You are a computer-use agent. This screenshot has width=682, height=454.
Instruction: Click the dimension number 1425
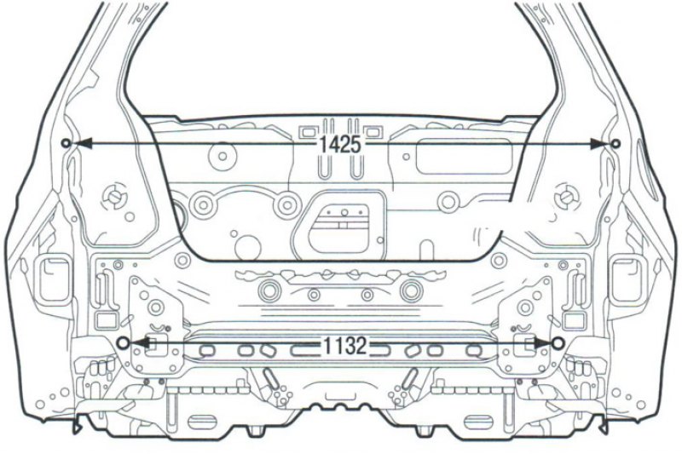coord(340,144)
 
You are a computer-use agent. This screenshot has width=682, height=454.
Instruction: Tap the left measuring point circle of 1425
coord(66,143)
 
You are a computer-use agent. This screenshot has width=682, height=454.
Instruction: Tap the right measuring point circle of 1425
coord(615,143)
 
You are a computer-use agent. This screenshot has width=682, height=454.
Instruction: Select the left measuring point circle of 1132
coord(123,343)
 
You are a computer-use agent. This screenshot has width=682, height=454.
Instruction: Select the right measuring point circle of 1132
coord(558,343)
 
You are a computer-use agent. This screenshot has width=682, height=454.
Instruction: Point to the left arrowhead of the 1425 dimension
coord(82,143)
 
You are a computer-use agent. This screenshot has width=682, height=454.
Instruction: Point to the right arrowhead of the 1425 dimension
coord(599,144)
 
